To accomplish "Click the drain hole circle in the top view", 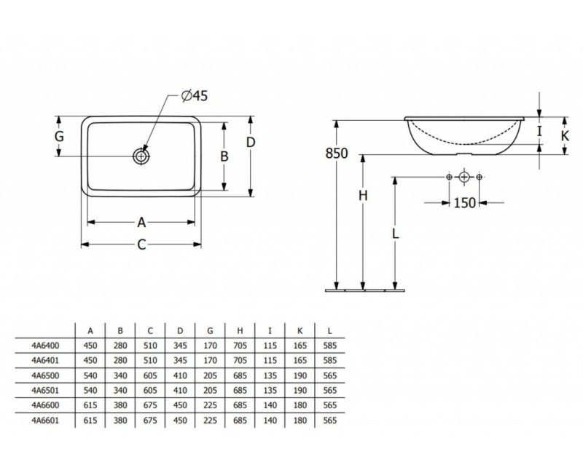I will (x=141, y=155).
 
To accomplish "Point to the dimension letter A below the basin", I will (x=141, y=221).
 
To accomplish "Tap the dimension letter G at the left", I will (x=60, y=137).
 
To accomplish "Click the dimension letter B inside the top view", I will (x=224, y=156).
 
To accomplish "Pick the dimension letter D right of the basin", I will (x=251, y=142).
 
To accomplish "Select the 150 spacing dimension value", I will (x=465, y=202).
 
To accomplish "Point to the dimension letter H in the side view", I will (x=362, y=196).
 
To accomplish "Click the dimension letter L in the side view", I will (x=394, y=234).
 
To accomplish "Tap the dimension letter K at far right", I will (x=566, y=136).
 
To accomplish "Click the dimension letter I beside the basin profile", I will (x=539, y=131).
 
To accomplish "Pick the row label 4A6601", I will (x=46, y=421).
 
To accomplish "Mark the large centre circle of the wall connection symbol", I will (x=464, y=178).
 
